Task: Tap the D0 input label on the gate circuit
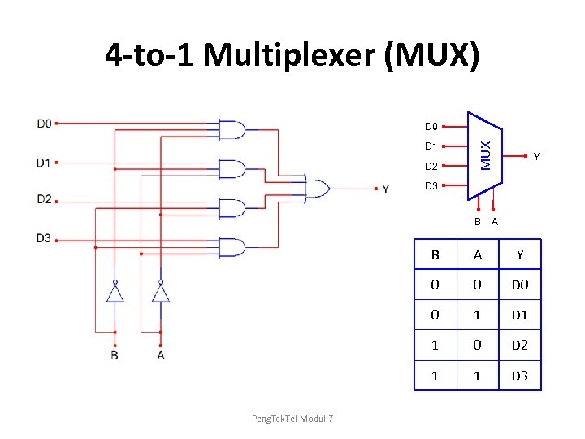[44, 124]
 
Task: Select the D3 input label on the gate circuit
[44, 238]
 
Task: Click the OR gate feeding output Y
[316, 189]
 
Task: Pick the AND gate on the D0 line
[232, 130]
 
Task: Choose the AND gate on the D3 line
[232, 247]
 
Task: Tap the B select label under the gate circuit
[115, 355]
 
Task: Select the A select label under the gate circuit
[161, 355]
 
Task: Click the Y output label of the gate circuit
[385, 189]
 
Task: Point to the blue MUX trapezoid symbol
[485, 154]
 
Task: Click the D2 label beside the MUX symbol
[431, 167]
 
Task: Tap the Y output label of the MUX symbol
[537, 156]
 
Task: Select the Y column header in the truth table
[519, 255]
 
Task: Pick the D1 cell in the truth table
[519, 315]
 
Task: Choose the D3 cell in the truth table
[519, 375]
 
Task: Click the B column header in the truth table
[435, 255]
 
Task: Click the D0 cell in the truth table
[519, 285]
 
